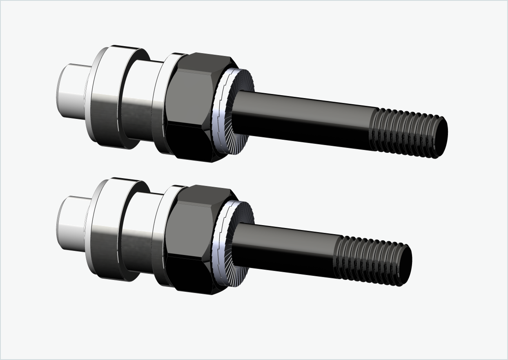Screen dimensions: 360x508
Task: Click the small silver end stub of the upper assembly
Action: click(x=71, y=90)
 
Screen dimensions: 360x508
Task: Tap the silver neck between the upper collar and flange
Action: click(x=139, y=102)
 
